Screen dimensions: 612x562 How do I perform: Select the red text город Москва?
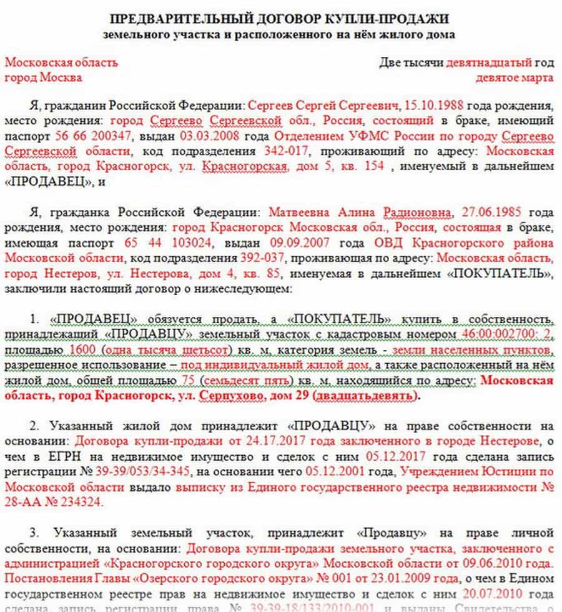(43, 78)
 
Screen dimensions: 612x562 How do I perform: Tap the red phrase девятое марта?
(514, 78)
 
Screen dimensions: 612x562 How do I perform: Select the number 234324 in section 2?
(79, 503)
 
